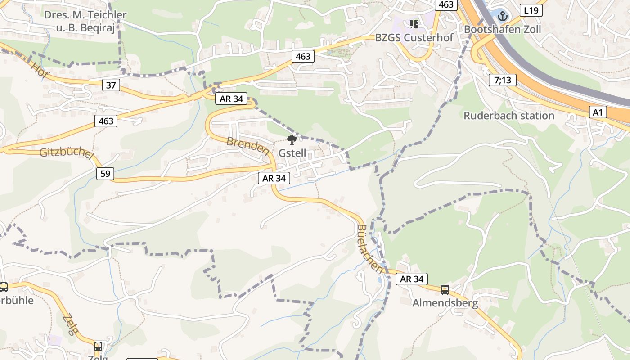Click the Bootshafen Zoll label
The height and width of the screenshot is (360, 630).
click(502, 29)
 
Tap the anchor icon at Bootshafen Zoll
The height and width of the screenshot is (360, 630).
click(502, 16)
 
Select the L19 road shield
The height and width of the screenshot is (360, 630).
click(531, 10)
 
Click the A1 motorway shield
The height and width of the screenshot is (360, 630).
click(597, 112)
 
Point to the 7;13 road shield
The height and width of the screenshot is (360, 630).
click(502, 81)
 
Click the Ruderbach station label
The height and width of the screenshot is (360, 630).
click(509, 116)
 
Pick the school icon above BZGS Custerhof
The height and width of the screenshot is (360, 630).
click(414, 24)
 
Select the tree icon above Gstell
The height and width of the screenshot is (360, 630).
click(292, 139)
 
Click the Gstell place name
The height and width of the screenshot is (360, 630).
click(292, 153)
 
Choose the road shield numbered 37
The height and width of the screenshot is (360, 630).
click(111, 85)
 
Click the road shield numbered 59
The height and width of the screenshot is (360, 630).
click(105, 173)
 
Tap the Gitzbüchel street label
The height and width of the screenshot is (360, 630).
click(67, 153)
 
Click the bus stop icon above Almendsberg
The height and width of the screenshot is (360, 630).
click(445, 290)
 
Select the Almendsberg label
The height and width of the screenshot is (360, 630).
click(445, 303)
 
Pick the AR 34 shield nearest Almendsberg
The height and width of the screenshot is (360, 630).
click(412, 279)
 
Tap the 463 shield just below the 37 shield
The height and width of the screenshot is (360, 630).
click(106, 121)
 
